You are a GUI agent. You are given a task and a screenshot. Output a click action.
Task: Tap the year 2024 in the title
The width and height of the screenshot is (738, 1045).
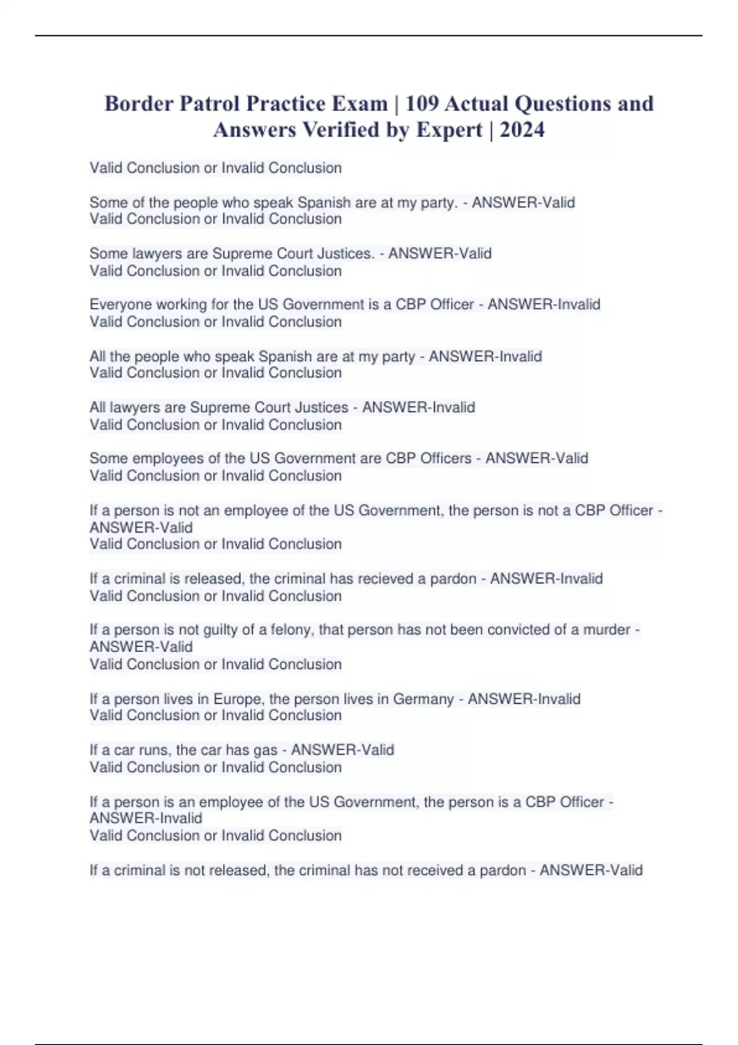click(522, 130)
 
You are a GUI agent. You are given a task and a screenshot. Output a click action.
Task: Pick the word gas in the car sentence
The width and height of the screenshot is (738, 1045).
click(265, 750)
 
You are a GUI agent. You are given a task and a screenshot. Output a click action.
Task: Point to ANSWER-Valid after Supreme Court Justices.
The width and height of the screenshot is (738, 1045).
click(440, 253)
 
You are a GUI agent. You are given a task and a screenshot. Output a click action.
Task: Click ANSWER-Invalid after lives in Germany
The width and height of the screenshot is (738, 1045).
click(524, 699)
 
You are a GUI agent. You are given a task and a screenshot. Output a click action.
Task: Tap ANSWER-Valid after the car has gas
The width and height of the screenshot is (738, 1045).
click(343, 750)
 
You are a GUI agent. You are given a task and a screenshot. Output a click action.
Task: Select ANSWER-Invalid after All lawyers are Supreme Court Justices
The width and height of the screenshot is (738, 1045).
click(418, 407)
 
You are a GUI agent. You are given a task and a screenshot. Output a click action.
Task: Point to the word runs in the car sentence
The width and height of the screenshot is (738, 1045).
click(154, 750)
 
